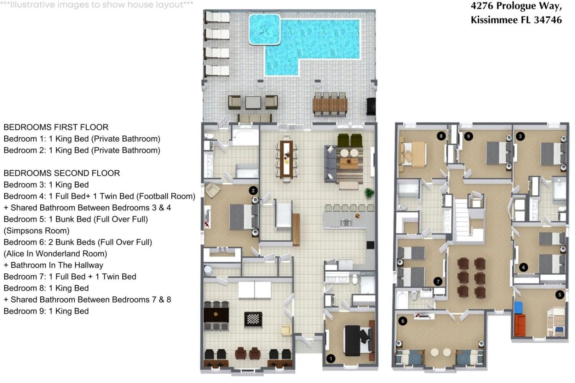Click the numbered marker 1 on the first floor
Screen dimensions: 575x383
331,358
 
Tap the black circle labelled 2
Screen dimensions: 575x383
253,190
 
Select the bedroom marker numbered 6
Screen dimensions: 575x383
403,321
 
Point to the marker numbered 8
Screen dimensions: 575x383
441,136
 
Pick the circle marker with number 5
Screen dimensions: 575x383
559,294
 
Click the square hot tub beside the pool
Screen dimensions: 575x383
264,29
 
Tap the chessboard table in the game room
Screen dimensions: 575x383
253,319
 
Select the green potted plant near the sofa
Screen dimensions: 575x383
369,193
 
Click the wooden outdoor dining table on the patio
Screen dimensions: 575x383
330,105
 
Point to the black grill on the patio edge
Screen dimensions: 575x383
371,106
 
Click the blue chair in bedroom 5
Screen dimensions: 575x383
518,308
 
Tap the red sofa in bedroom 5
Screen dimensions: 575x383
520,325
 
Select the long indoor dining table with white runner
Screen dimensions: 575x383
287,159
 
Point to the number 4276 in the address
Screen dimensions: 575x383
482,6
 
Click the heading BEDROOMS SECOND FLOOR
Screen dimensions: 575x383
62,173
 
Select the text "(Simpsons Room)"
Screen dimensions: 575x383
37,231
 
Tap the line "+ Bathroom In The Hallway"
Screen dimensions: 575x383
53,265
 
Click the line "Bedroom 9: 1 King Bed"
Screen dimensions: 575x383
46,311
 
